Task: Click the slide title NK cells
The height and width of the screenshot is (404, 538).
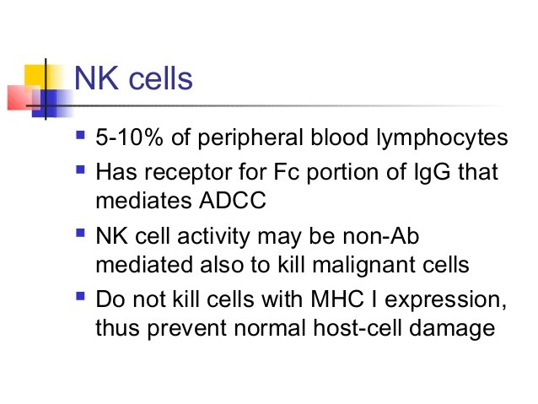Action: (x=133, y=78)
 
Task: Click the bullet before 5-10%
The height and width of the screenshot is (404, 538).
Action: (x=80, y=134)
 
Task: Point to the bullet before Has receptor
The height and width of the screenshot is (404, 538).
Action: (x=80, y=170)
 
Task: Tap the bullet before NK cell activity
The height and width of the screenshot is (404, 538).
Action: (x=80, y=233)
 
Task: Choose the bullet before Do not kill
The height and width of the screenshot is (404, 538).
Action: (x=80, y=296)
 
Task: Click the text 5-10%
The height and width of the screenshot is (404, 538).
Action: (x=129, y=137)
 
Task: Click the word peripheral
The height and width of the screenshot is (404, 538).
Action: (x=250, y=138)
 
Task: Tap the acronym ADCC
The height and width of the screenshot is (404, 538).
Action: (x=232, y=200)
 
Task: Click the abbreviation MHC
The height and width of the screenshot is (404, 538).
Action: (x=337, y=299)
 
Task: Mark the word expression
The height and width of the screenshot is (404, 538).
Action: (x=445, y=300)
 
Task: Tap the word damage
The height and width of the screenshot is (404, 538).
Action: (x=452, y=329)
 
